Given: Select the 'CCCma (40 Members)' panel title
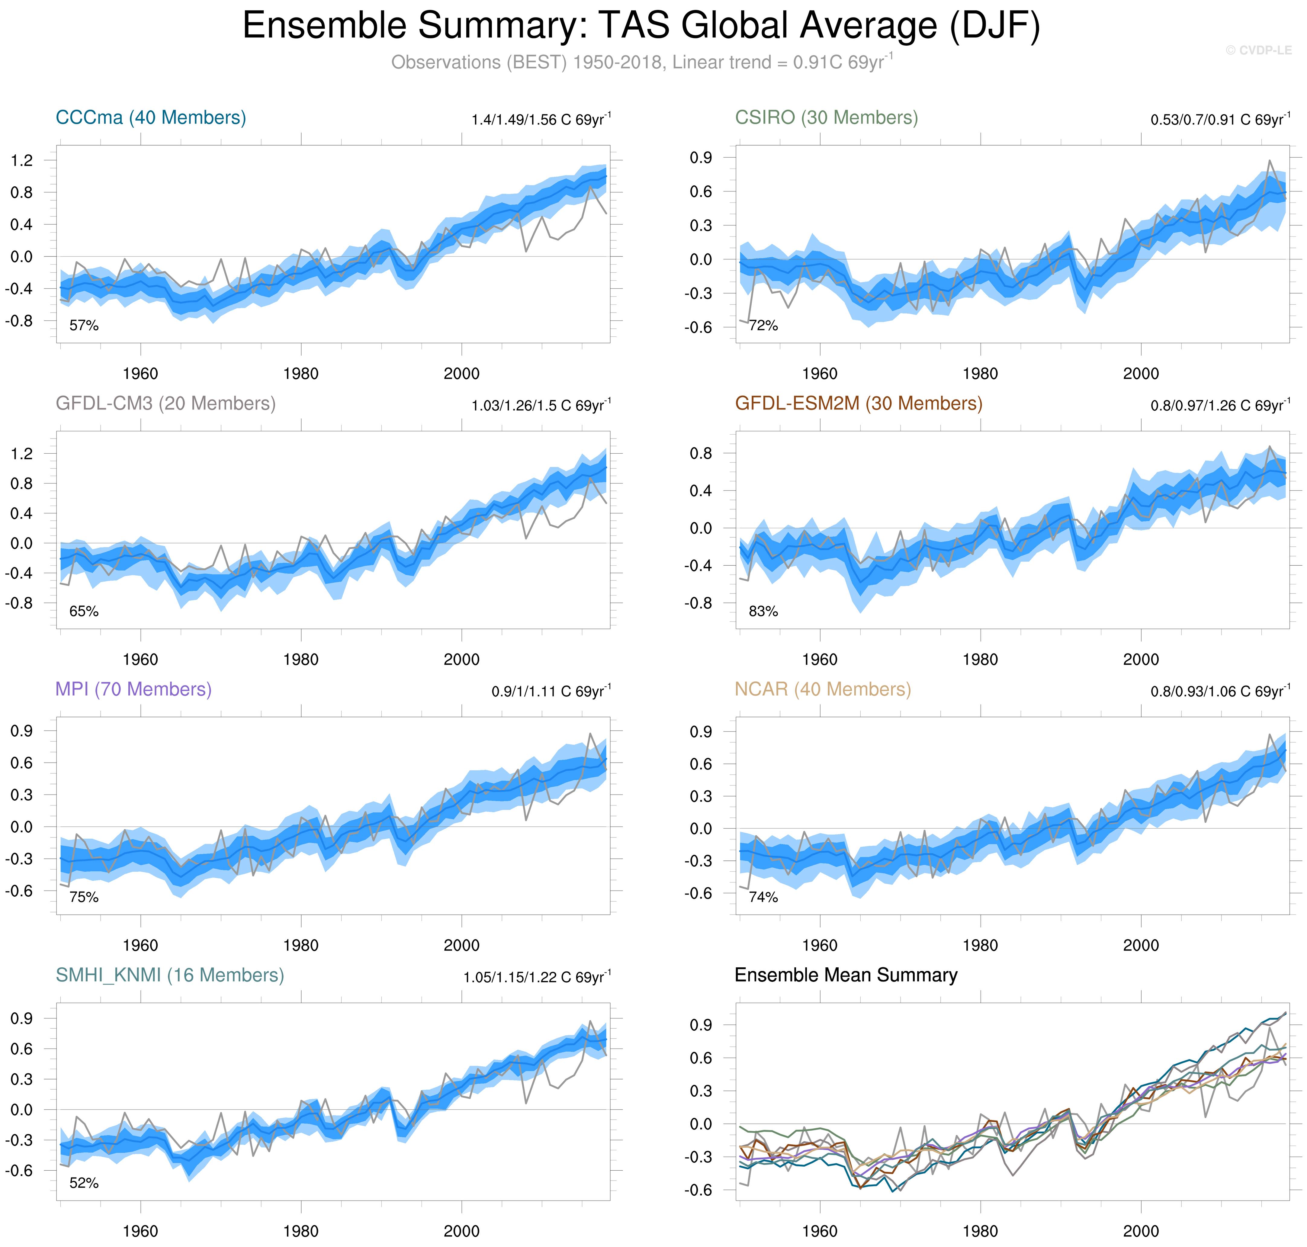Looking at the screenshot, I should (x=151, y=118).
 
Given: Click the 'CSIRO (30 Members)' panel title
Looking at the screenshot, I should (x=826, y=118).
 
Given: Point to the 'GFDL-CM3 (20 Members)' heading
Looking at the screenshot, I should (x=165, y=403).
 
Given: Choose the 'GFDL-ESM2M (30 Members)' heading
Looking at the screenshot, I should (x=858, y=403).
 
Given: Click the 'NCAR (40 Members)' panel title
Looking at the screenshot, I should (x=822, y=689).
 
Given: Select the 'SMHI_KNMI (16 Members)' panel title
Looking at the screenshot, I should (x=169, y=975).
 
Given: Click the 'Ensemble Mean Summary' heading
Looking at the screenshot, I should (x=846, y=975).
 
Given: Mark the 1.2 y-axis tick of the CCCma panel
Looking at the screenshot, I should (x=22, y=160).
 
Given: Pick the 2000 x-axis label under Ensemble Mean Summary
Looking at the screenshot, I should (x=1141, y=1231).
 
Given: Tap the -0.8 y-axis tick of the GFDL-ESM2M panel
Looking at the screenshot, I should (x=698, y=603).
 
